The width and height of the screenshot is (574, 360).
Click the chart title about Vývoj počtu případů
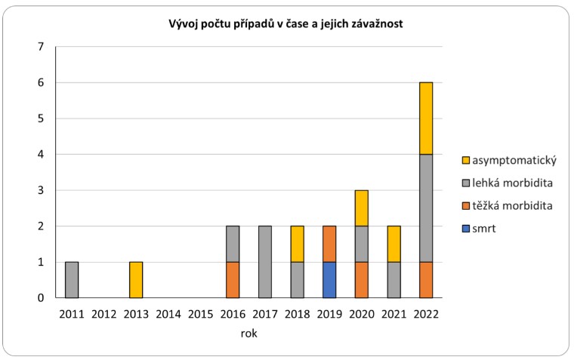tap(285, 24)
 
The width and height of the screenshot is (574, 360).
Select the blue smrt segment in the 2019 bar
tap(329, 280)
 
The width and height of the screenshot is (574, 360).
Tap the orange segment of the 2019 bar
tap(329, 244)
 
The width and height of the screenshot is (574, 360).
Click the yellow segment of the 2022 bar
tap(426, 118)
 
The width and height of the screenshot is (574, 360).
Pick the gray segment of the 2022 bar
tap(426, 208)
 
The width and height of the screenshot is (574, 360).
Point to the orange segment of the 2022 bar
tap(426, 280)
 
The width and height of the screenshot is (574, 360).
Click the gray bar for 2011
tap(71, 280)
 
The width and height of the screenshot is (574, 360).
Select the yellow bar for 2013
tap(135, 280)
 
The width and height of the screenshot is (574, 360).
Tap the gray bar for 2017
tap(265, 262)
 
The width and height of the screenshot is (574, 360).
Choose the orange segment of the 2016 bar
tap(233, 280)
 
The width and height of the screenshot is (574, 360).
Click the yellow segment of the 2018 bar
tap(297, 244)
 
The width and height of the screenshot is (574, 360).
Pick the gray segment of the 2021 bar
tap(393, 280)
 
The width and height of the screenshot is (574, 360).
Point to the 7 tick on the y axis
tap(41, 47)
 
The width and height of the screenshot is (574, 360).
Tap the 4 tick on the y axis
tap(41, 155)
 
